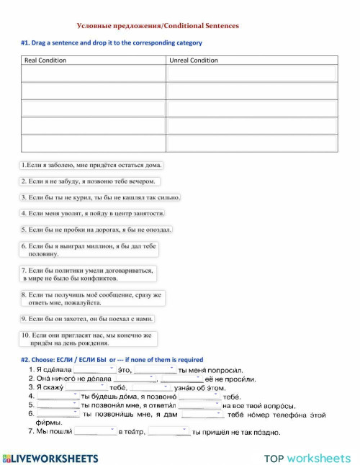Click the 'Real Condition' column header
pyautogui.click(x=45, y=60)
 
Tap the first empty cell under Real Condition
pyautogui.click(x=94, y=73)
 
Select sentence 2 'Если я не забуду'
pyautogui.click(x=89, y=181)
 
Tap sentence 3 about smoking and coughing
pyautogui.click(x=100, y=197)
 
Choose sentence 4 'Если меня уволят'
pyautogui.click(x=94, y=213)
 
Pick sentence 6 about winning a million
pyautogui.click(x=89, y=250)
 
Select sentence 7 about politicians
pyautogui.click(x=89, y=274)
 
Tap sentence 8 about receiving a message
pyautogui.click(x=92, y=298)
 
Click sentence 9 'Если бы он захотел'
pyautogui.click(x=88, y=319)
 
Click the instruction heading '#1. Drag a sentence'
pyautogui.click(x=112, y=43)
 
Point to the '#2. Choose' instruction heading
pyautogui.click(x=112, y=359)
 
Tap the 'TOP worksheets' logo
pyautogui.click(x=307, y=458)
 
